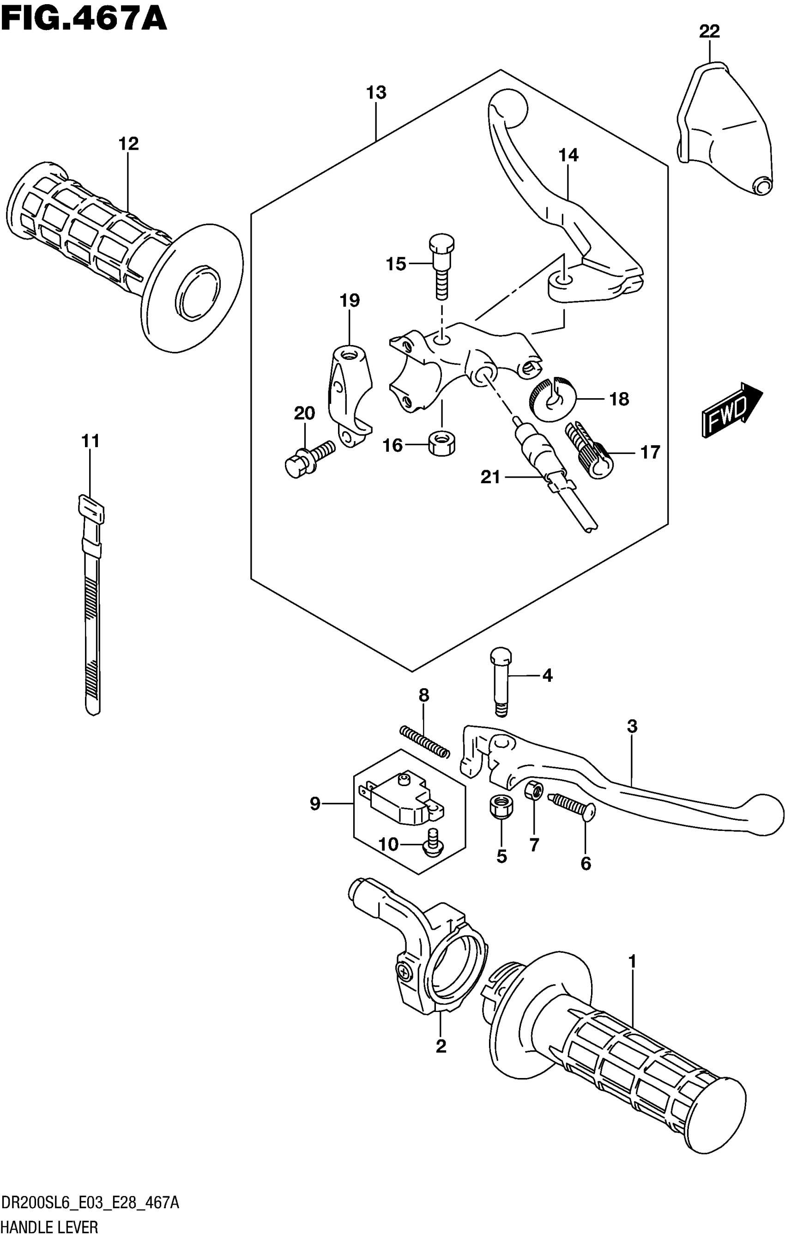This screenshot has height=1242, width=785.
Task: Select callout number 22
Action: (709, 32)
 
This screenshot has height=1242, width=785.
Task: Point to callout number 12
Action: (128, 144)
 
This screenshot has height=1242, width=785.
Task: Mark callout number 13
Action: (376, 93)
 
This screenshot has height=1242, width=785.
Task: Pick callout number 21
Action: (490, 478)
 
